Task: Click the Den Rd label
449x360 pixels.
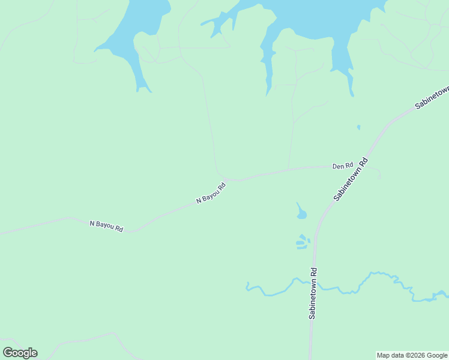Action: pyautogui.click(x=343, y=166)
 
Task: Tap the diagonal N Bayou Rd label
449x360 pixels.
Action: pyautogui.click(x=211, y=194)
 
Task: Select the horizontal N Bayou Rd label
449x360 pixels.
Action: pyautogui.click(x=106, y=226)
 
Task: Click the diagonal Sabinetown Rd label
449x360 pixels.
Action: pyautogui.click(x=351, y=179)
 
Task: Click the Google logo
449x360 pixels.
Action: pyautogui.click(x=20, y=353)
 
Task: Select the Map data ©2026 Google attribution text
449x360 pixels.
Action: pyautogui.click(x=412, y=355)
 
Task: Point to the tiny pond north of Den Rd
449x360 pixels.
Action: pyautogui.click(x=358, y=127)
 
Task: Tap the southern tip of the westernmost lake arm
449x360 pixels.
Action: pyautogui.click(x=143, y=90)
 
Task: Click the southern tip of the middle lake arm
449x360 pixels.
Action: pyautogui.click(x=268, y=94)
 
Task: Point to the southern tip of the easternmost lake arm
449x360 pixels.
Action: pyautogui.click(x=352, y=95)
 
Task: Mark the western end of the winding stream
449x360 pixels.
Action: pyautogui.click(x=247, y=287)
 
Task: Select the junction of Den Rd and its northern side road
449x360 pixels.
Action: pyautogui.click(x=289, y=169)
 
